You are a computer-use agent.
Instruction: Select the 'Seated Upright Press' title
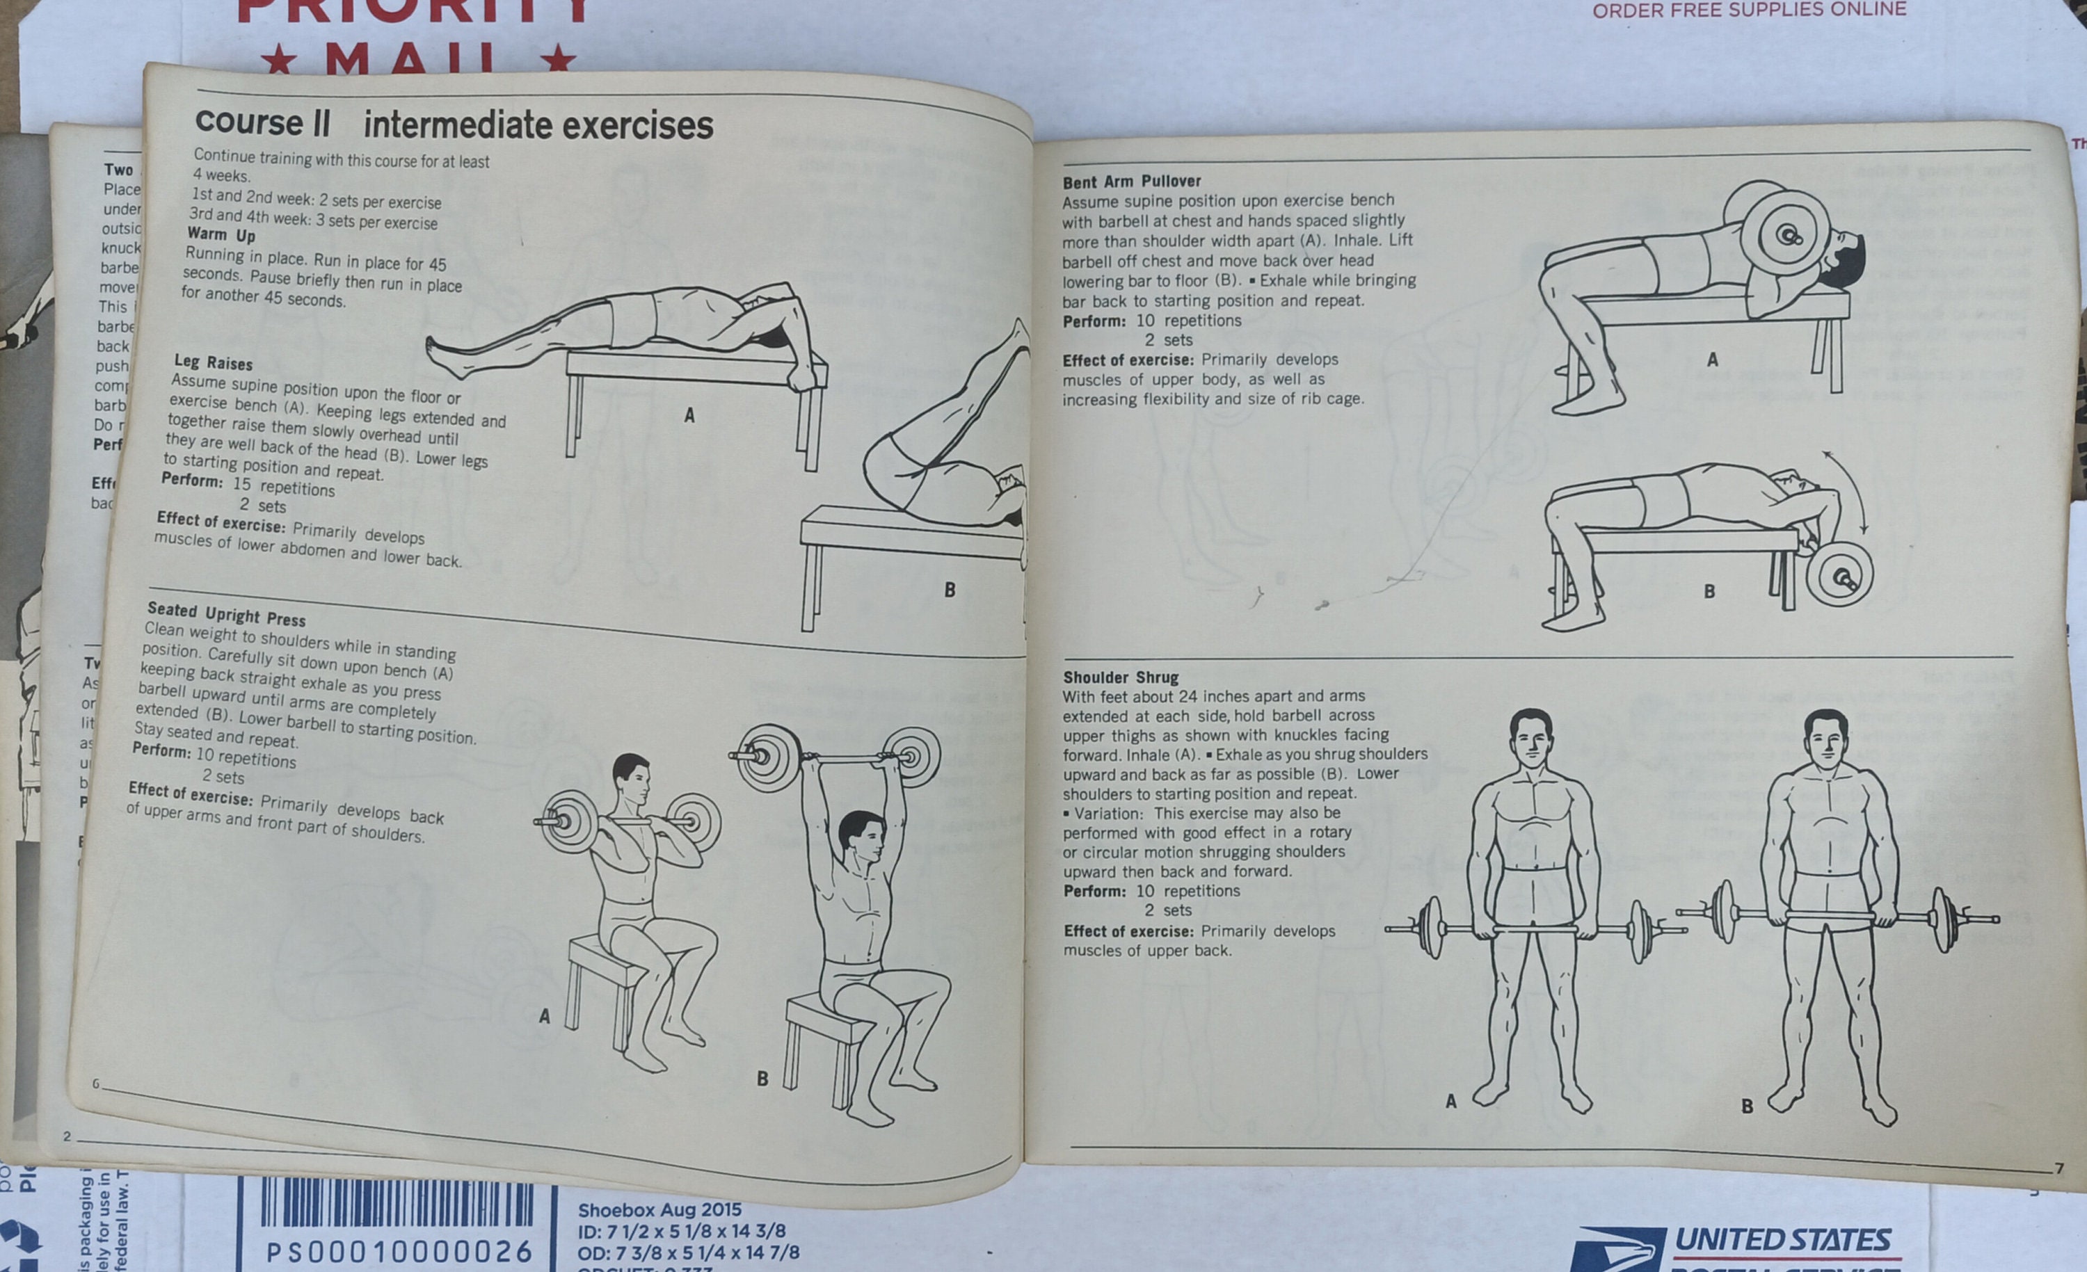coord(226,614)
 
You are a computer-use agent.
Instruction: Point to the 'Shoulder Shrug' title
coord(1121,677)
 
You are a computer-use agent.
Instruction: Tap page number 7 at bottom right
coord(2059,1168)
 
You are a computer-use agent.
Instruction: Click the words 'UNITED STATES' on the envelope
coord(1782,1241)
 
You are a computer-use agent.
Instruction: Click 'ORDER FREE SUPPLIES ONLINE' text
coord(1749,10)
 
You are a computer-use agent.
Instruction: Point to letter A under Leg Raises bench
coord(689,416)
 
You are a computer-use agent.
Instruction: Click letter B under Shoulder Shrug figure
coord(1747,1106)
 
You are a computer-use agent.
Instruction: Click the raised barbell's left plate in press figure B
coord(767,757)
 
